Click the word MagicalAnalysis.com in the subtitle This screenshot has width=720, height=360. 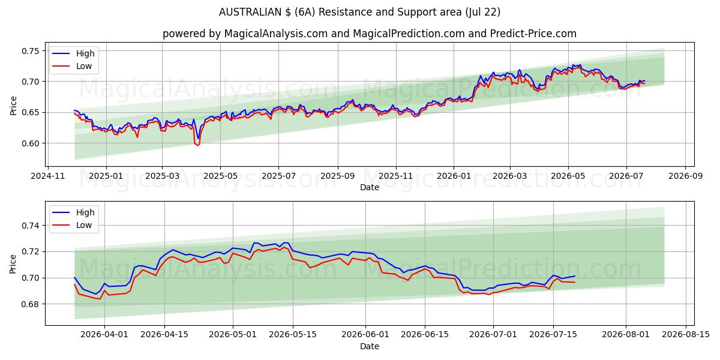coord(276,34)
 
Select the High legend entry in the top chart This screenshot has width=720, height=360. coord(74,53)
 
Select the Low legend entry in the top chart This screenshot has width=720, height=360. coord(73,66)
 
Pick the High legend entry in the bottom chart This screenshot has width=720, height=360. coord(74,212)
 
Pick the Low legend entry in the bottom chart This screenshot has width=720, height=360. coord(73,225)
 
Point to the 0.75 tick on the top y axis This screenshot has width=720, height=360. coord(31,51)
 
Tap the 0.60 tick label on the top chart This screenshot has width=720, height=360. coord(31,143)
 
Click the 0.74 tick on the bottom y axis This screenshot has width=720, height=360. coord(31,226)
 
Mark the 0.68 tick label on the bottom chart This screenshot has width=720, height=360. coord(31,304)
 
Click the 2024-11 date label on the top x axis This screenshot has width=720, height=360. coord(48,176)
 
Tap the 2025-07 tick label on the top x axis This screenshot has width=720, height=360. coord(278,176)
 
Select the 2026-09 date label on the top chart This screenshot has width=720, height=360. coord(686,176)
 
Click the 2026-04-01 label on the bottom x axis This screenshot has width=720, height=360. coord(104,335)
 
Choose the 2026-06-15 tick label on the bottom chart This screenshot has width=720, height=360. coord(425,335)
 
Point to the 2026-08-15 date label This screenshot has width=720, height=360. coord(686,335)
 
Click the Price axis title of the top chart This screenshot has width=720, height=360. coord(13,106)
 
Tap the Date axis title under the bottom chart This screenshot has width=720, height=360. coord(370,346)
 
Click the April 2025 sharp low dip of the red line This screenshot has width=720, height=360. coord(197,145)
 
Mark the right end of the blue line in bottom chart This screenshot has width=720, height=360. coord(575,276)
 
